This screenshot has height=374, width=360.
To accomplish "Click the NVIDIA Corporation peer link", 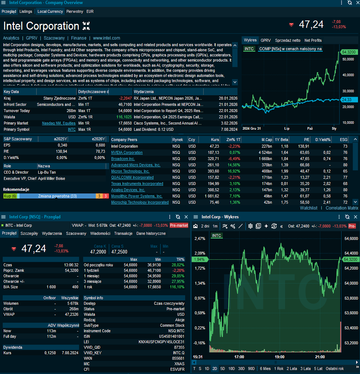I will [127, 152].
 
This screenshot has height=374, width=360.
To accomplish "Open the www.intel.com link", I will [106, 38].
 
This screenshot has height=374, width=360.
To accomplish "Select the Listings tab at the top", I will [26, 11].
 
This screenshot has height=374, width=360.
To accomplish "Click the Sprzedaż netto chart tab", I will [287, 40].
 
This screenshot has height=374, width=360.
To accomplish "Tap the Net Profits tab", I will [313, 40].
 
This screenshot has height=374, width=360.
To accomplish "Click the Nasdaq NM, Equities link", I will [59, 123].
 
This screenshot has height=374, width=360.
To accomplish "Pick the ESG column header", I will [344, 140].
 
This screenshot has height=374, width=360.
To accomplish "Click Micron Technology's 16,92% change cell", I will [233, 171].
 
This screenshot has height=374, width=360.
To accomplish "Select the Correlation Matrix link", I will [342, 208].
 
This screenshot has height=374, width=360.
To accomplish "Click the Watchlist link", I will [308, 208].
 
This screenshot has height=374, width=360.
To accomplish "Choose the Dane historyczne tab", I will [151, 233].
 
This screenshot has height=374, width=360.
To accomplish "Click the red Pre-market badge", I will [179, 225].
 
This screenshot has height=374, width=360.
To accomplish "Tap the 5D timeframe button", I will [223, 369].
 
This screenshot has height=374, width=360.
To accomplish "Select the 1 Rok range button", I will [279, 369].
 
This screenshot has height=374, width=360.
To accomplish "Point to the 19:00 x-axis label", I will [279, 357].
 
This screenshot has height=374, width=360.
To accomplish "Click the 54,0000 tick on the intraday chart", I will [351, 283].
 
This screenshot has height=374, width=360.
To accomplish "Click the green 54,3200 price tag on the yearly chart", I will [349, 52].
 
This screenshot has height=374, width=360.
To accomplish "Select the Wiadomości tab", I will [100, 233].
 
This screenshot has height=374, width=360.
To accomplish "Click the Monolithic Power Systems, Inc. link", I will [137, 196].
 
